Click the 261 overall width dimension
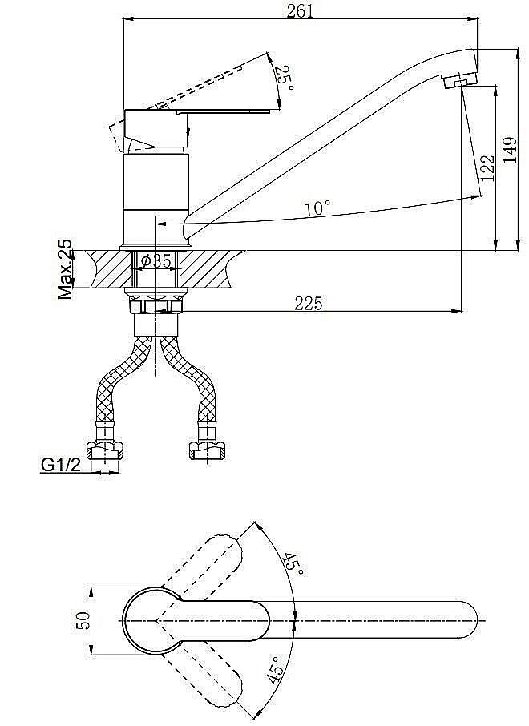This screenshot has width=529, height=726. click(x=300, y=10)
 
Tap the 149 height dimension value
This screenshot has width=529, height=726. click(x=510, y=150)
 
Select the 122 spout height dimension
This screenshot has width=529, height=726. click(x=487, y=167)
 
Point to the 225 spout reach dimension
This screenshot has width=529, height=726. click(x=308, y=303)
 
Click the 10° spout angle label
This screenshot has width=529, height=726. click(x=318, y=208)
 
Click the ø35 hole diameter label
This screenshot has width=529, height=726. click(x=156, y=261)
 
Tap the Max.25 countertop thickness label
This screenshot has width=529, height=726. click(x=65, y=269)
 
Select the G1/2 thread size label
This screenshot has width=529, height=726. click(x=61, y=465)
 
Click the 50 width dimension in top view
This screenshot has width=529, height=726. click(x=83, y=620)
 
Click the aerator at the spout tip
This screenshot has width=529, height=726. click(x=459, y=80)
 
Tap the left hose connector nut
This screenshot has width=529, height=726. click(x=105, y=450)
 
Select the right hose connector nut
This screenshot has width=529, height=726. click(x=207, y=450)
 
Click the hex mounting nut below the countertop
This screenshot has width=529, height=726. click(x=156, y=305)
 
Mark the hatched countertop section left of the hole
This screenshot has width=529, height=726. click(x=111, y=269)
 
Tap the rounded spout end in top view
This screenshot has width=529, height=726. click(x=468, y=620)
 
